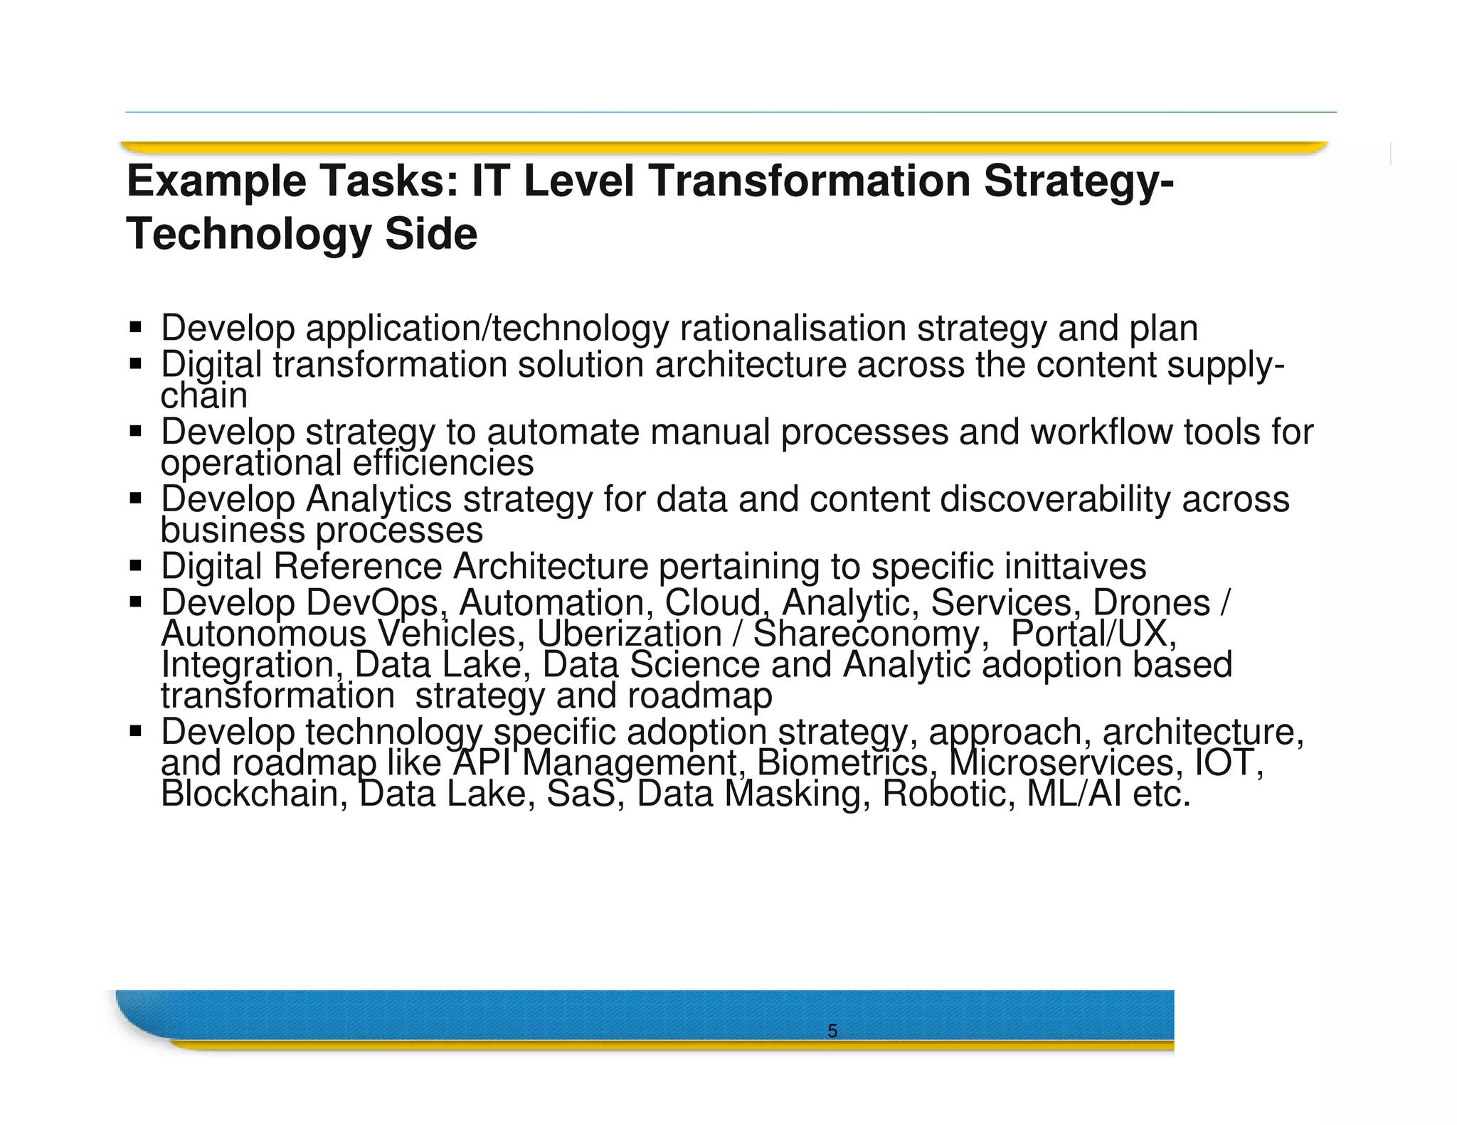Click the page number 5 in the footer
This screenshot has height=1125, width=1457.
click(832, 1031)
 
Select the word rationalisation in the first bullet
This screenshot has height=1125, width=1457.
click(793, 329)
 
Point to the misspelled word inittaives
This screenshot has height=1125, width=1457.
click(1075, 567)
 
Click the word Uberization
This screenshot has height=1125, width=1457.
click(629, 634)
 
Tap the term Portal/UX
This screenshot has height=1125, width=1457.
click(1093, 634)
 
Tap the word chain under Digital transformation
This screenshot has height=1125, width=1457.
click(203, 396)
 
